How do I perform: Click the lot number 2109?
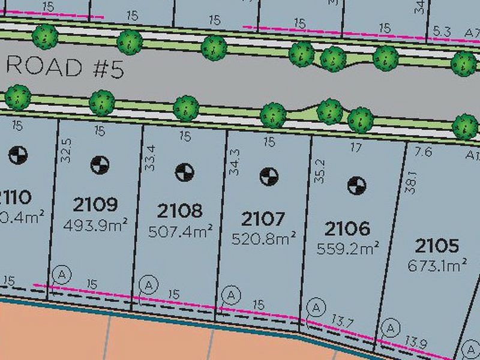(x=95, y=205)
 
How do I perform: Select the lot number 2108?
(x=179, y=211)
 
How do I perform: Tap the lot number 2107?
(x=263, y=218)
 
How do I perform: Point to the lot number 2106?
(x=347, y=229)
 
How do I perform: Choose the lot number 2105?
(x=437, y=245)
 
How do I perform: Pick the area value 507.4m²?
(x=179, y=230)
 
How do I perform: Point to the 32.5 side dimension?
(x=66, y=151)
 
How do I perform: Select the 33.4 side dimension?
(x=151, y=157)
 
